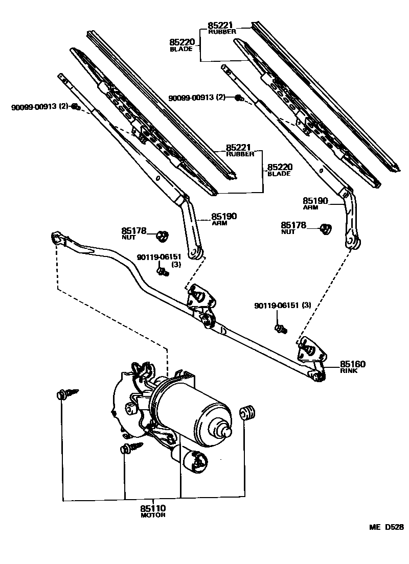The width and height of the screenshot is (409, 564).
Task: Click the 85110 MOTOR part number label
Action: coord(153,511)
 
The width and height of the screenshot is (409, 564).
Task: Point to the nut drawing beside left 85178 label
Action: coord(163,236)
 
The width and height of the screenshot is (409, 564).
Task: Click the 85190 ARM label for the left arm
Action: coord(224,219)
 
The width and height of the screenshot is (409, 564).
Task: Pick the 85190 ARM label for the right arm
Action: coord(315,204)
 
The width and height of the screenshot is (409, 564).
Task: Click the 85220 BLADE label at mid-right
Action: coord(279,170)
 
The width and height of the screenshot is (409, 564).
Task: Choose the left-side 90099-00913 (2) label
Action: coord(39,107)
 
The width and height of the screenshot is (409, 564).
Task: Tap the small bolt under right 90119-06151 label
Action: coord(280,329)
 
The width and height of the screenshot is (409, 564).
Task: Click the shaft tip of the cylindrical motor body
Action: coord(225,431)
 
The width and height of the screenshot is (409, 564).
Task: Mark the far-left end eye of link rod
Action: coord(57,238)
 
